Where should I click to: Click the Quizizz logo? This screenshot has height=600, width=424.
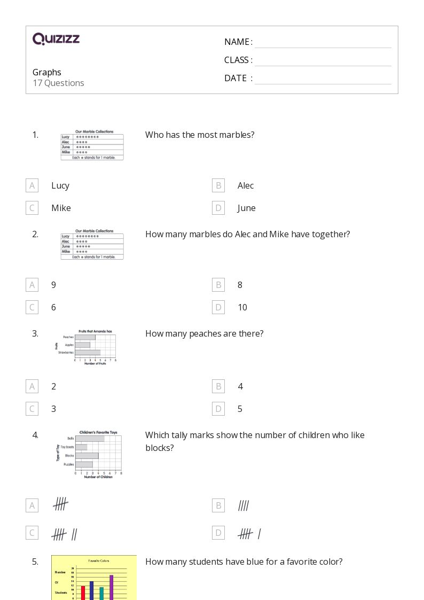[x=56, y=38]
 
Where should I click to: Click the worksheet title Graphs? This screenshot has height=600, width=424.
[x=47, y=72]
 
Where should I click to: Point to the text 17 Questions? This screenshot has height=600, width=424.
[x=58, y=83]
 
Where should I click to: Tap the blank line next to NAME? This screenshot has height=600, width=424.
[x=323, y=43]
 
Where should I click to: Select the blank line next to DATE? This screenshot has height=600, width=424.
[x=323, y=79]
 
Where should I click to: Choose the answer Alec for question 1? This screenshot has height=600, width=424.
[x=246, y=185]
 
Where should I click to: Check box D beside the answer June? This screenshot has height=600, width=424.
[x=218, y=208]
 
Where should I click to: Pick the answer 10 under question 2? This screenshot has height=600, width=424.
[x=242, y=307]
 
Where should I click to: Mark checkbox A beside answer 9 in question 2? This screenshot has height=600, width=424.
[x=32, y=285]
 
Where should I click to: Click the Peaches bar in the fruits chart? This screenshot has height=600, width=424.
[x=84, y=337]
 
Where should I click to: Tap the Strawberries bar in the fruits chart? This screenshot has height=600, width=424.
[x=87, y=353]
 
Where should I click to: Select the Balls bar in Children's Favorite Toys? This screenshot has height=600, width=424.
[x=89, y=439]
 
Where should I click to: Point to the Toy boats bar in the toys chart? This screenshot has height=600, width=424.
[x=81, y=447]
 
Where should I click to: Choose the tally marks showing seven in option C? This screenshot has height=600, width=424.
[x=65, y=534]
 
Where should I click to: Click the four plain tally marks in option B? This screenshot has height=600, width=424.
[x=244, y=505]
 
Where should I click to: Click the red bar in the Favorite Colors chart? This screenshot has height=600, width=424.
[x=83, y=593]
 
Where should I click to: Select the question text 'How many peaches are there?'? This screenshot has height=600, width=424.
[x=204, y=333]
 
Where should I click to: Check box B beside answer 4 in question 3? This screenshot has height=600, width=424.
[x=218, y=386]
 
